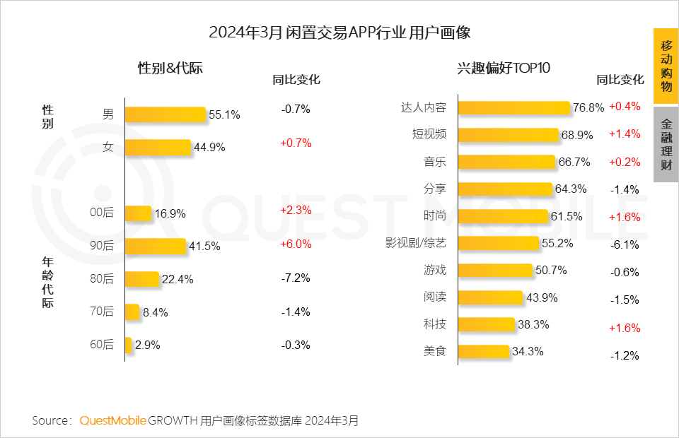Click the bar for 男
(x=165, y=114)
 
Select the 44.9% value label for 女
(x=209, y=148)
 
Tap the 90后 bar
(x=155, y=246)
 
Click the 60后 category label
(x=103, y=345)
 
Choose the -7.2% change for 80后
(x=295, y=278)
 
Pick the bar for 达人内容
(x=513, y=107)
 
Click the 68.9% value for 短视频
(x=577, y=135)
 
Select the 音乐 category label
(x=435, y=162)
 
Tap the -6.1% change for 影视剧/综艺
(x=625, y=245)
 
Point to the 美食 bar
(x=483, y=351)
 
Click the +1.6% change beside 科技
(x=625, y=328)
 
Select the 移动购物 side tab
(x=666, y=66)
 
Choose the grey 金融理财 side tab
(x=666, y=144)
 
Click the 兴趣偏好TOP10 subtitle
(x=504, y=69)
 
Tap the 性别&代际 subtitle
(x=170, y=69)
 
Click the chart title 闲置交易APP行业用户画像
(x=339, y=32)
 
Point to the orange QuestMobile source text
(x=112, y=420)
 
